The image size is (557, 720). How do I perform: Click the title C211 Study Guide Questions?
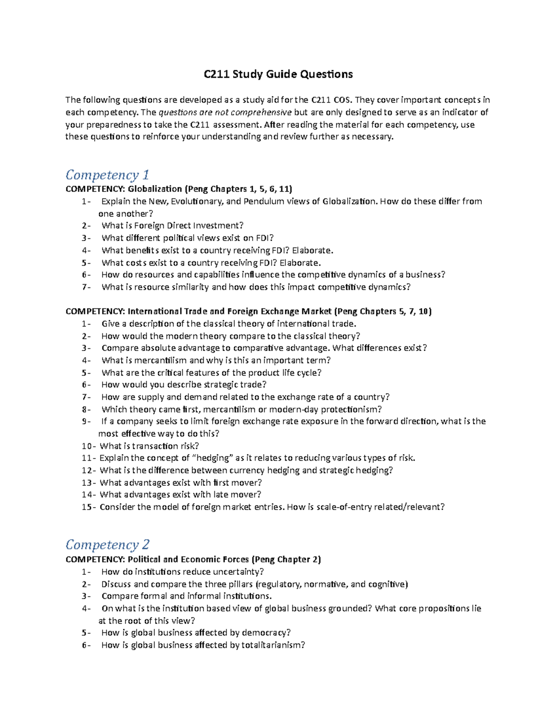[278, 74]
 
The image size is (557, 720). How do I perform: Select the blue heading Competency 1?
[107, 175]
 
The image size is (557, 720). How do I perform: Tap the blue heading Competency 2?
[107, 544]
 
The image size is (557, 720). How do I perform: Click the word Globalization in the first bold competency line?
[155, 189]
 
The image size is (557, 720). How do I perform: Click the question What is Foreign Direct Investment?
[172, 226]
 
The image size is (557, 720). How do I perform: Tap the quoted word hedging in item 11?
[214, 458]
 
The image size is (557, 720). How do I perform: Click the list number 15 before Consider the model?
[87, 507]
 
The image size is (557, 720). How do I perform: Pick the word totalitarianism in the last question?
[272, 645]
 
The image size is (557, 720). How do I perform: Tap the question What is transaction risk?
[149, 446]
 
